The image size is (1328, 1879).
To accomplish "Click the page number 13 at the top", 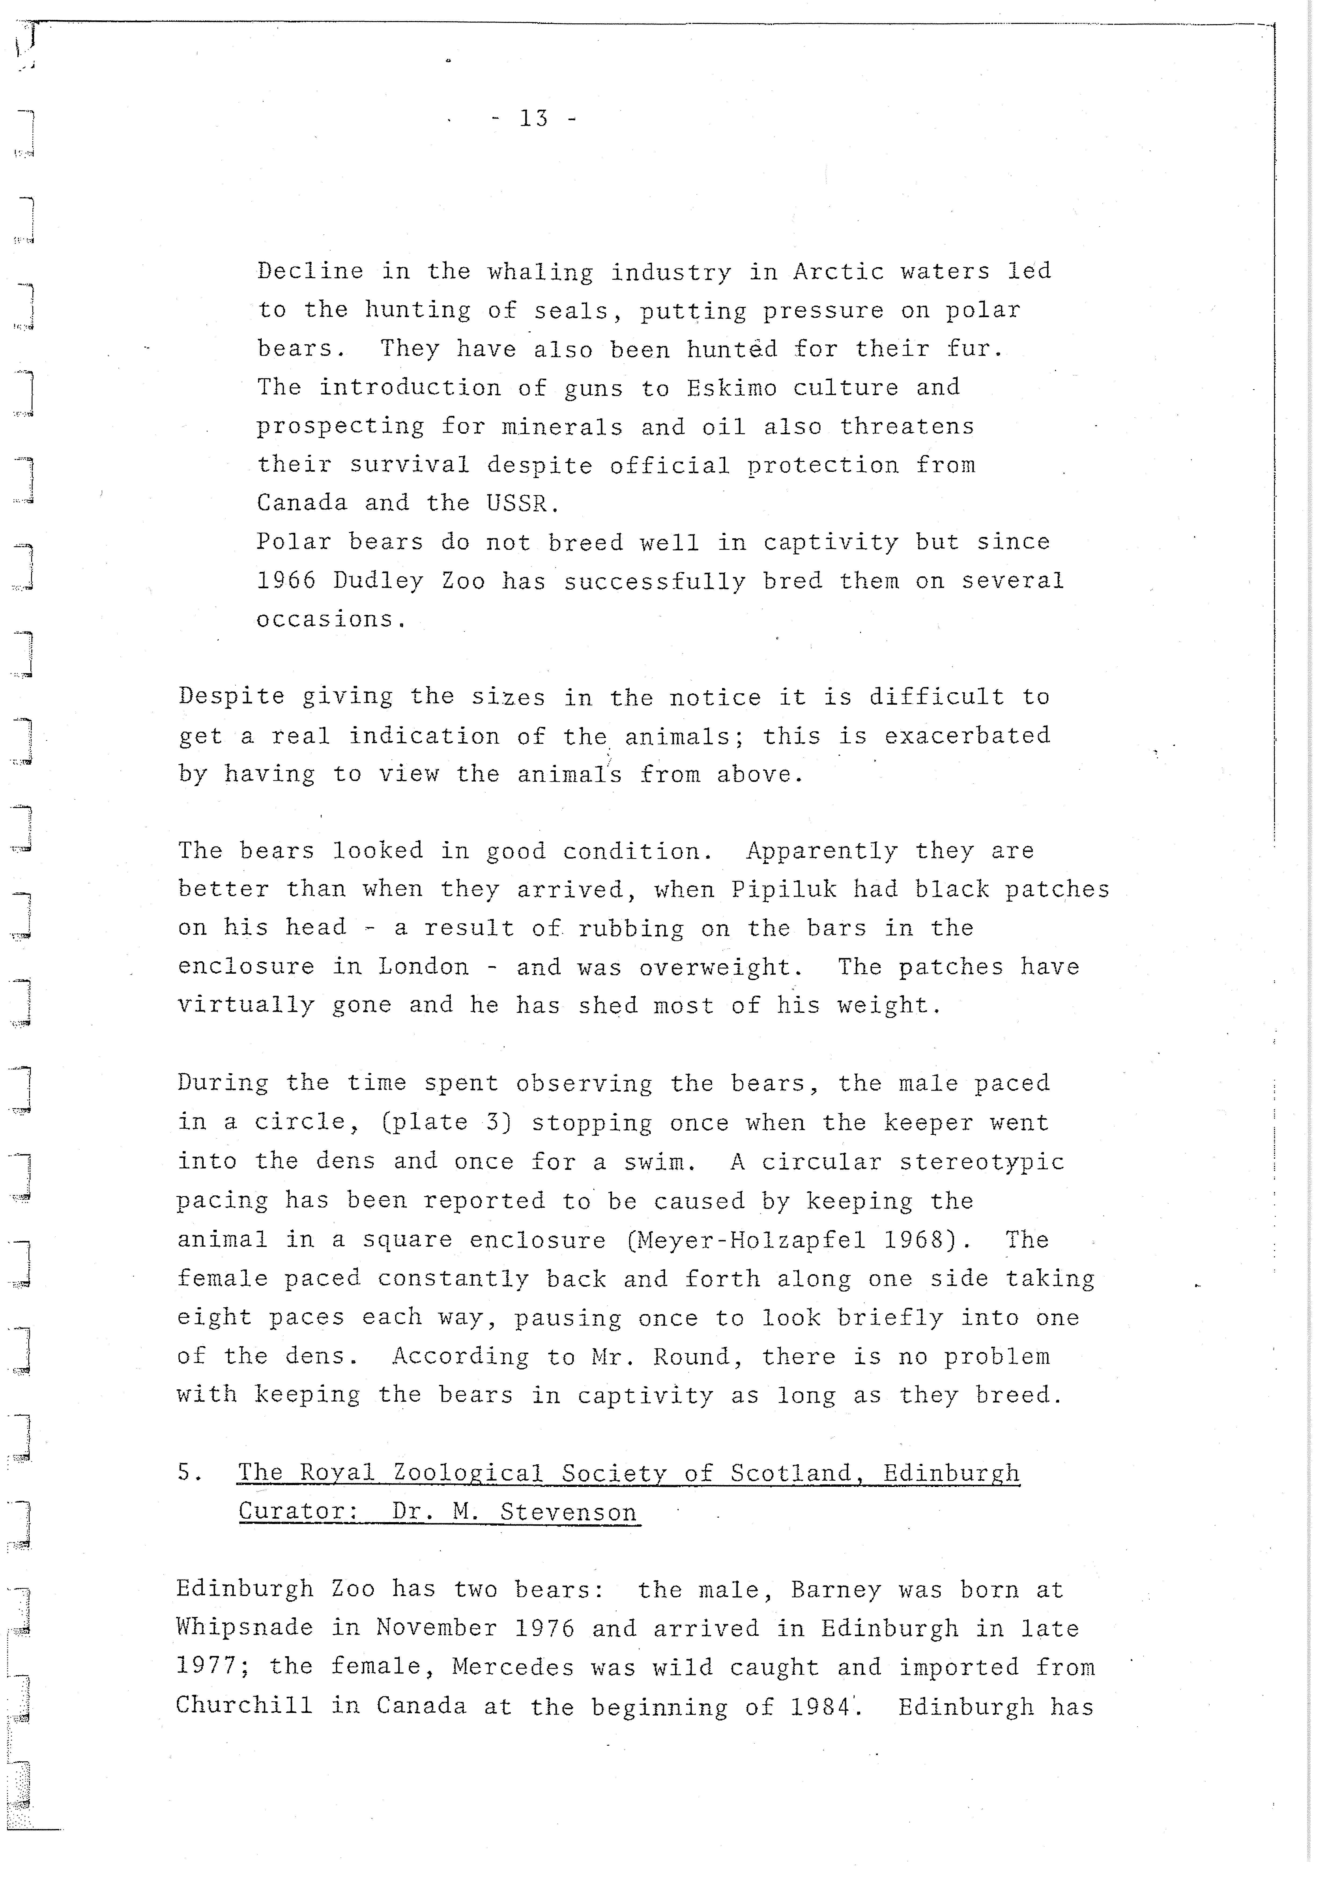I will [x=533, y=119].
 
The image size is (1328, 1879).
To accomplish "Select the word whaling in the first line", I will [x=540, y=272].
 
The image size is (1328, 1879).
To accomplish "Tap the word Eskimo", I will [x=731, y=388].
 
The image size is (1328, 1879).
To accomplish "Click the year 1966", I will [x=286, y=581].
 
